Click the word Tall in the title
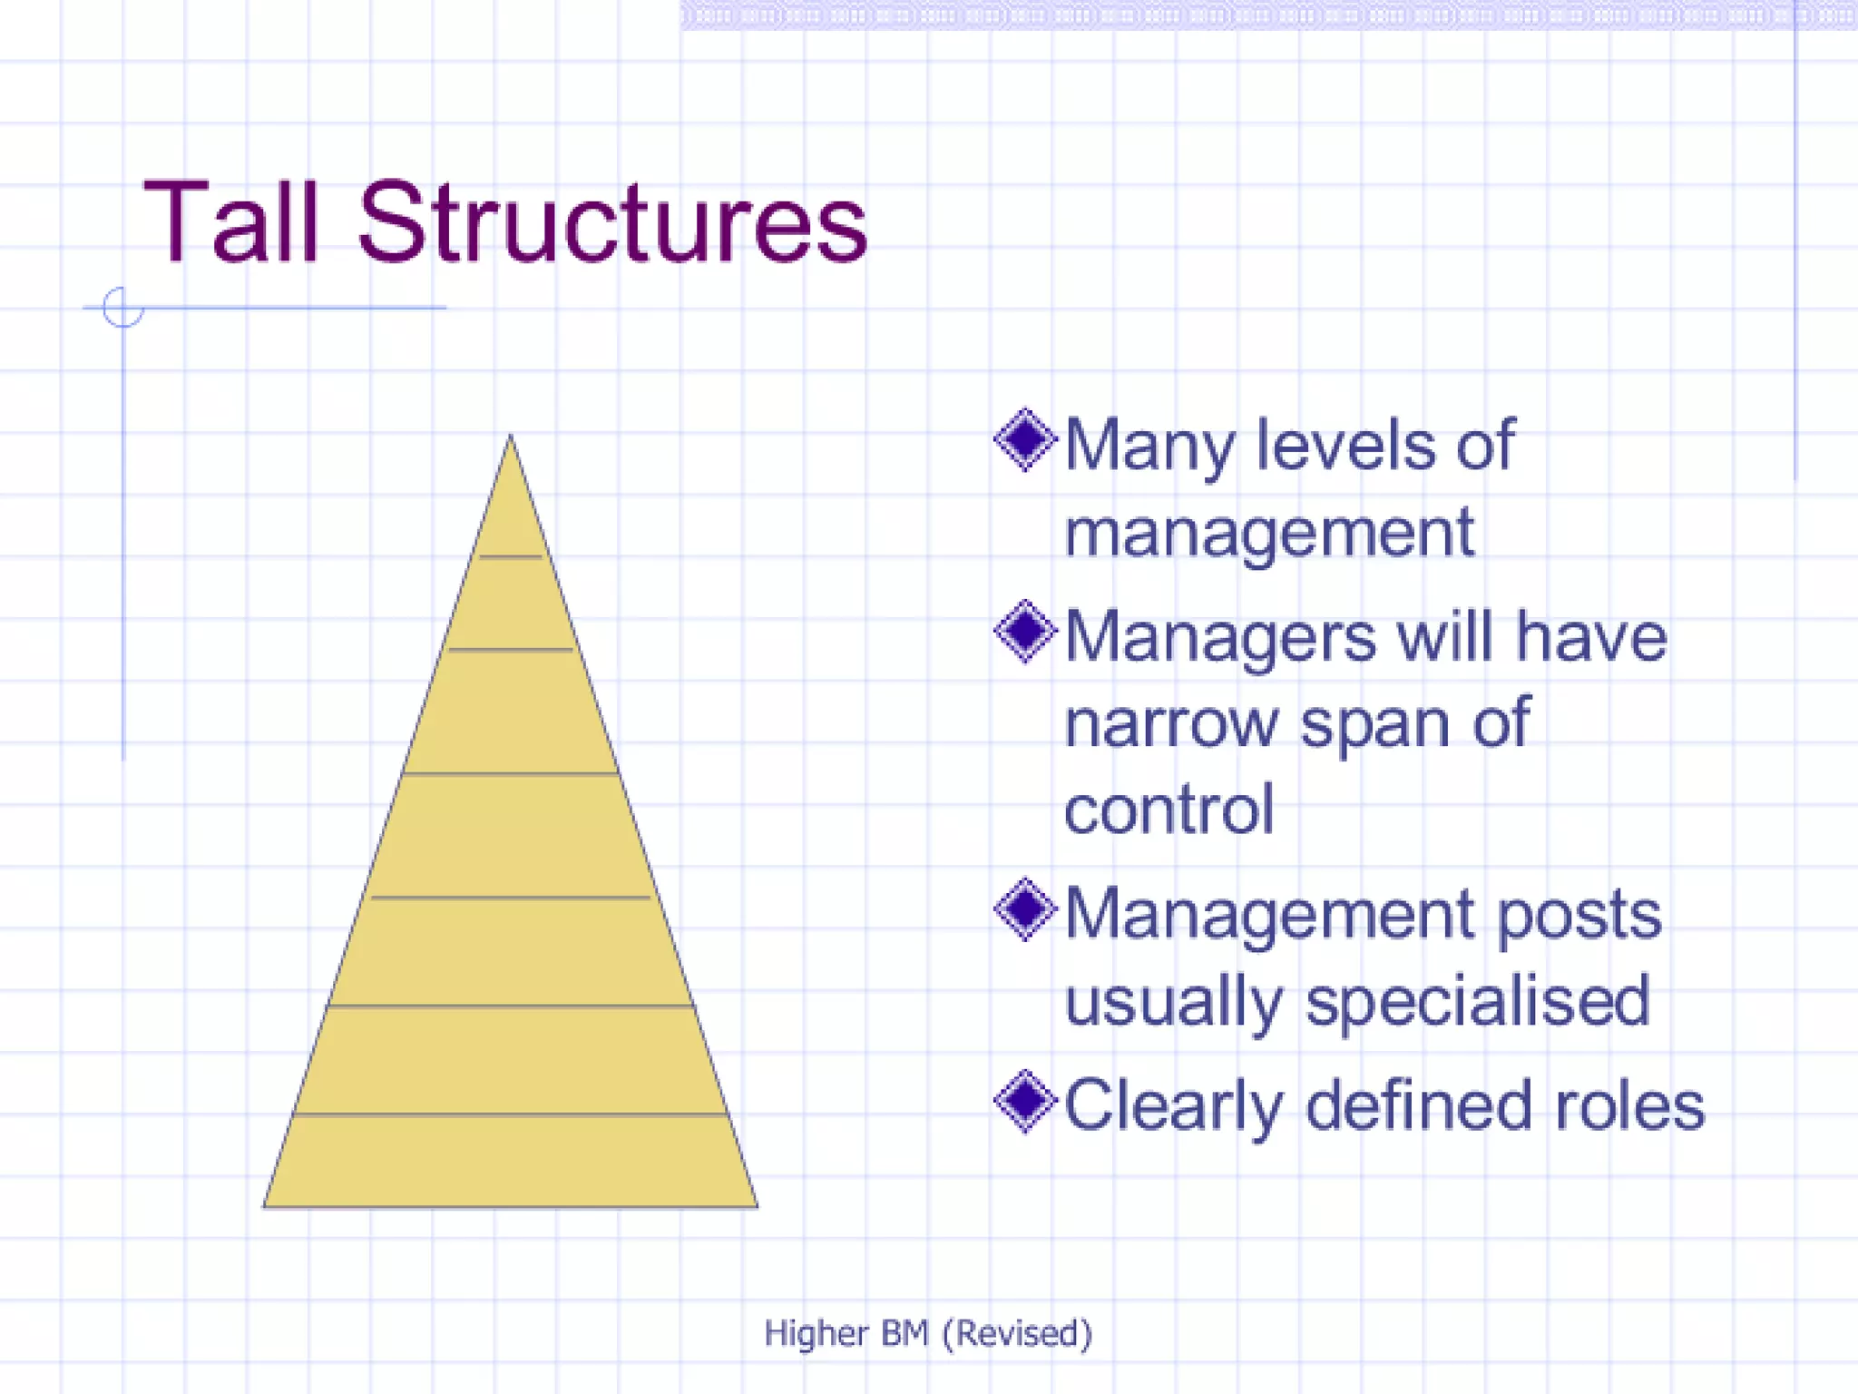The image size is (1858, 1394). [x=231, y=222]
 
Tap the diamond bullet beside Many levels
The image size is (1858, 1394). [x=1025, y=440]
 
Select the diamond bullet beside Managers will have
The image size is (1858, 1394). [x=1025, y=632]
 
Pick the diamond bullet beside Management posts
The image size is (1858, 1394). [x=1025, y=909]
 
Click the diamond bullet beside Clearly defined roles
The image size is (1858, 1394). [x=1025, y=1102]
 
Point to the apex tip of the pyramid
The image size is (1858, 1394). [x=510, y=438]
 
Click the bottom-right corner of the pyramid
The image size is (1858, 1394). [x=756, y=1205]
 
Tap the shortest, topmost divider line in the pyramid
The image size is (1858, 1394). [x=510, y=556]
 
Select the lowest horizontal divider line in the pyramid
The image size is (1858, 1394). [x=510, y=1114]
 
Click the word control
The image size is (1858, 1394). [x=1169, y=809]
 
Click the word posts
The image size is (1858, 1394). [x=1579, y=917]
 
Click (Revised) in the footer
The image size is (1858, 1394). [x=1017, y=1333]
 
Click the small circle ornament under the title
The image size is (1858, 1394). [x=122, y=307]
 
